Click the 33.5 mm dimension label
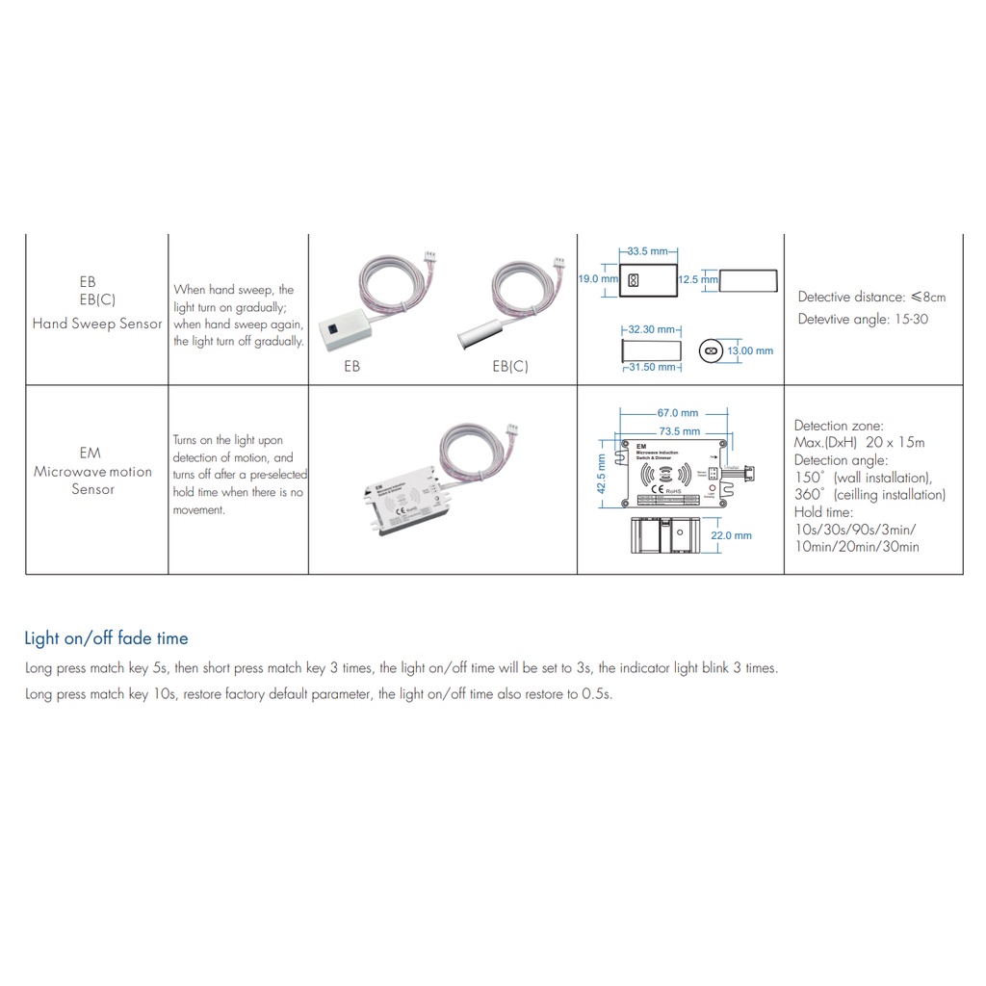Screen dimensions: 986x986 (646, 251)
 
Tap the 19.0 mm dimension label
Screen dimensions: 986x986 (597, 279)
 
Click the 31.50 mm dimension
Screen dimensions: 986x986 (653, 366)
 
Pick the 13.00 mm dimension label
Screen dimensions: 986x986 (750, 350)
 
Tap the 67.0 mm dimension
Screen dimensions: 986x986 (678, 413)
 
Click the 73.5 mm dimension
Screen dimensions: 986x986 (679, 431)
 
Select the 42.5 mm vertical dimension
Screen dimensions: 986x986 (603, 474)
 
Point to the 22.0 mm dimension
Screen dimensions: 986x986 (731, 535)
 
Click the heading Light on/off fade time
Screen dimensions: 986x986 (106, 638)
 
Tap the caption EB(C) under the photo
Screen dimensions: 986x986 (510, 367)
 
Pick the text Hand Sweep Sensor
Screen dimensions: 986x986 (97, 324)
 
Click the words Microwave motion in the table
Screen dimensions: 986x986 (92, 472)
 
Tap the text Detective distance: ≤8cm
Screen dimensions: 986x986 (871, 297)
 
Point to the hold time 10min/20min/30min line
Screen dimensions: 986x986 (856, 547)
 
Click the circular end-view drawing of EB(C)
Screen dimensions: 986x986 (712, 351)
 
